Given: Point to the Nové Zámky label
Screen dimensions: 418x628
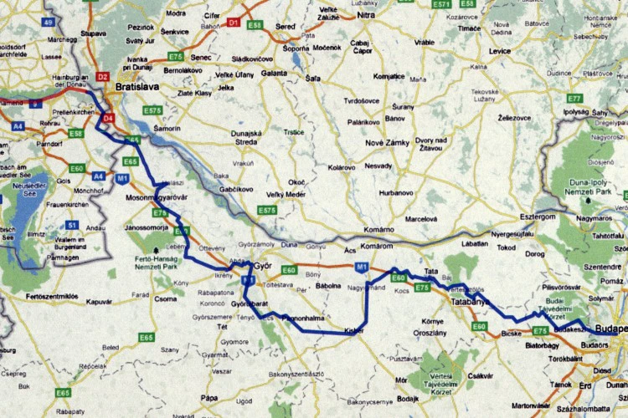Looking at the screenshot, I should coord(387,143).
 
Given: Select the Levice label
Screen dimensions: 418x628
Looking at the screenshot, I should coord(500,52).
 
